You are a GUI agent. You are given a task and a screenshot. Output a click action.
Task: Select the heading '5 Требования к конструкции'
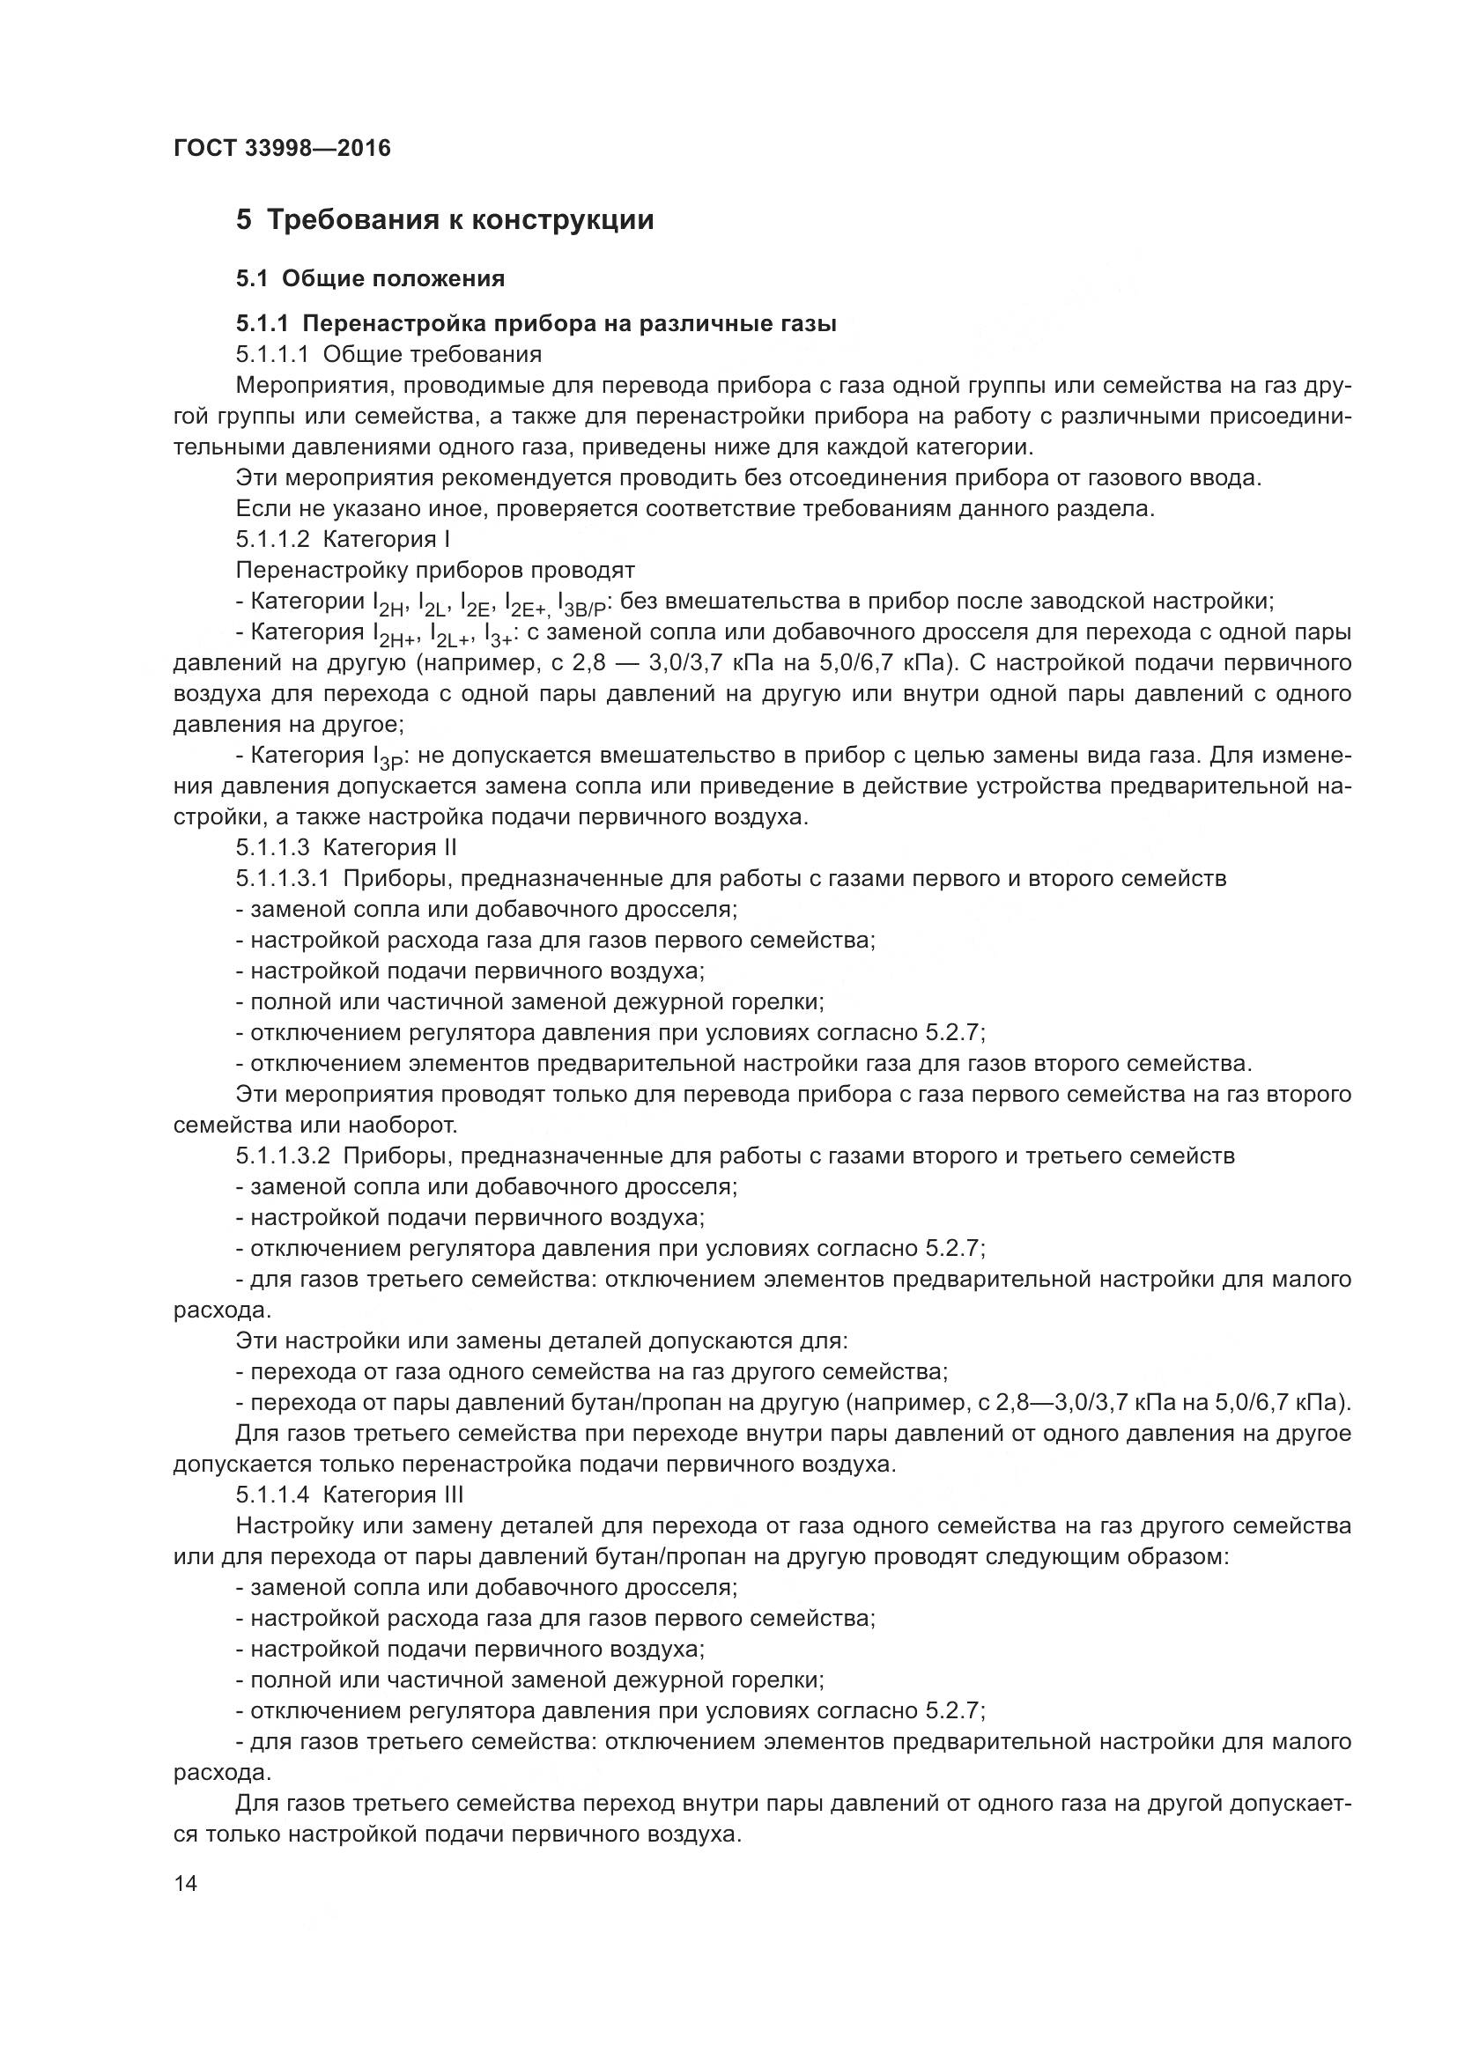[x=445, y=220]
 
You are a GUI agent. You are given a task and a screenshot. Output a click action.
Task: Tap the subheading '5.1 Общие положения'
[x=370, y=279]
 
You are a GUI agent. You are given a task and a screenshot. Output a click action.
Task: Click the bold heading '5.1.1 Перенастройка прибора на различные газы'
[x=536, y=323]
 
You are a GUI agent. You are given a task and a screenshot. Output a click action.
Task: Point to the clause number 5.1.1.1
[x=273, y=354]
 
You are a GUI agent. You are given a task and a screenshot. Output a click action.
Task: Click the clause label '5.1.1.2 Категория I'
[x=342, y=539]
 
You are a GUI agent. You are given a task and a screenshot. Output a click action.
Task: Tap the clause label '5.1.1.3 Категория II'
[x=346, y=847]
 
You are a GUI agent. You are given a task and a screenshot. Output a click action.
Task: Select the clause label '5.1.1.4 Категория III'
[x=349, y=1494]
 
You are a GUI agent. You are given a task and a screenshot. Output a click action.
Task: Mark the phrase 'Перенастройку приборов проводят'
[x=434, y=570]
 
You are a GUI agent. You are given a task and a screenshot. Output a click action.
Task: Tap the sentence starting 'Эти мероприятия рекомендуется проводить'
[x=747, y=477]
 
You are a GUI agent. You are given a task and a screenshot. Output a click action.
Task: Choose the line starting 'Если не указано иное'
[x=693, y=509]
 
